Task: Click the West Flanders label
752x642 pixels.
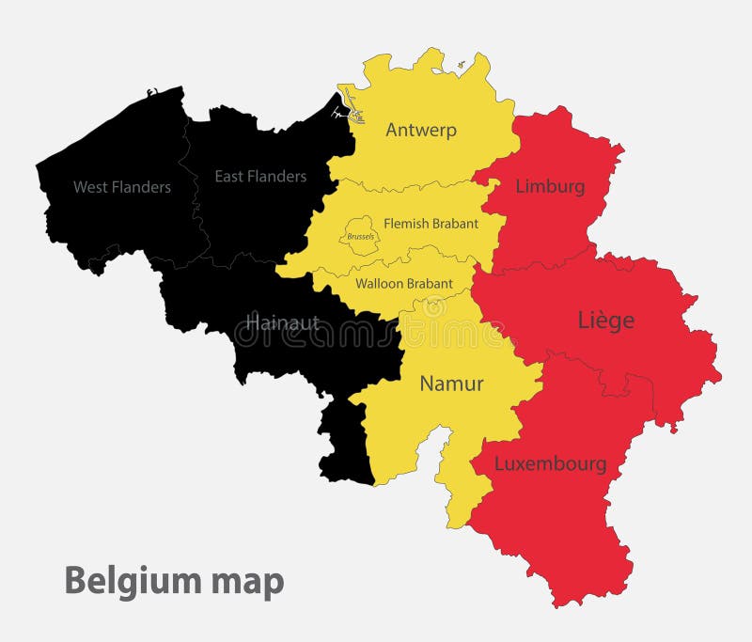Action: click(122, 187)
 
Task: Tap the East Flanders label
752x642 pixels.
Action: click(260, 176)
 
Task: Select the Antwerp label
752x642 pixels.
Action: click(421, 130)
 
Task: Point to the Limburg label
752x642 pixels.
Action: click(550, 186)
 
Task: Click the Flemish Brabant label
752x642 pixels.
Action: click(431, 224)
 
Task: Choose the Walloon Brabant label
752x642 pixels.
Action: click(403, 283)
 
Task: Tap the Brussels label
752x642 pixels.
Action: click(360, 236)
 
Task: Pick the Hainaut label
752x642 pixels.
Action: click(282, 323)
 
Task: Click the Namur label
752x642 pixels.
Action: click(451, 384)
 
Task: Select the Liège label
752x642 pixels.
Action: click(605, 321)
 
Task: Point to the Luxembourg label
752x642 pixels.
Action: click(550, 463)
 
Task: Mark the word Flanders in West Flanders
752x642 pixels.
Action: click(141, 187)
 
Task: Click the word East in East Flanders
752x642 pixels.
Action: click(228, 176)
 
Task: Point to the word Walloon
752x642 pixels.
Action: click(376, 283)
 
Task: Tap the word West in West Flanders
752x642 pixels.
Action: click(90, 187)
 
